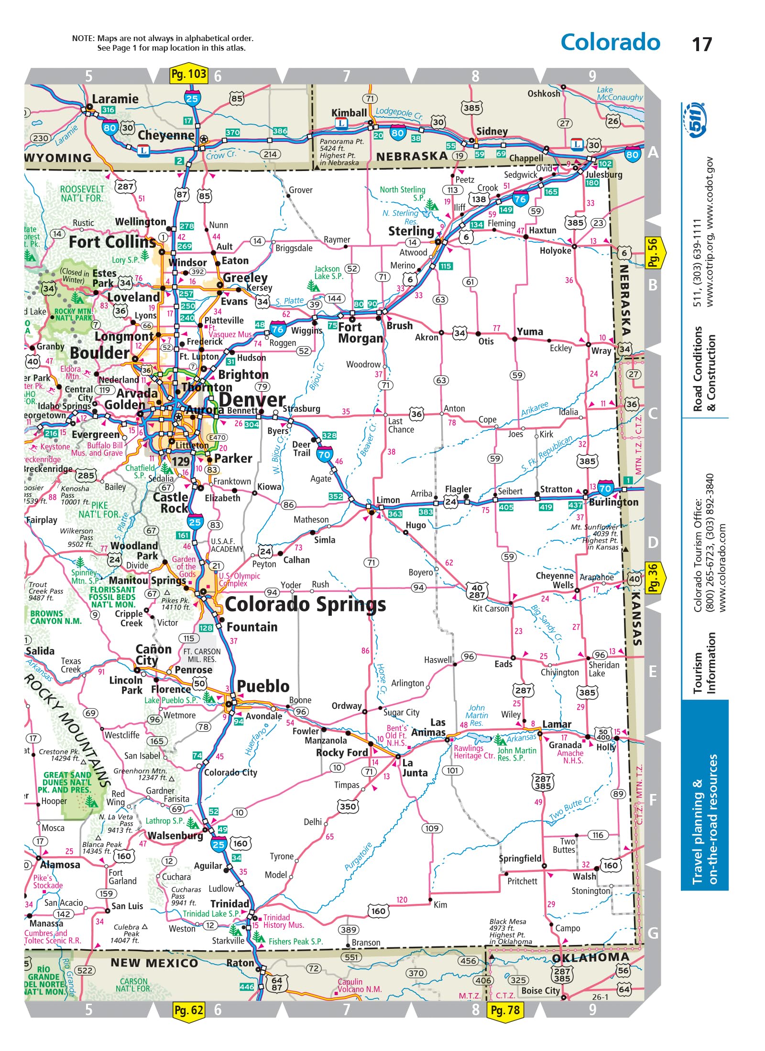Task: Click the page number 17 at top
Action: (701, 44)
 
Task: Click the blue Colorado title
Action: (610, 42)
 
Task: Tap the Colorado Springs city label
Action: (305, 605)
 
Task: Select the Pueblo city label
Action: (263, 686)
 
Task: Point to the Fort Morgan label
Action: (360, 332)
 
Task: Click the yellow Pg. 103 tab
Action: (189, 74)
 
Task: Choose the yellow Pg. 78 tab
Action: (505, 1010)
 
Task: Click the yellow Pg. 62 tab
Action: (189, 1010)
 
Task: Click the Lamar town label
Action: (557, 724)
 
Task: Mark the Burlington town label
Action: (613, 502)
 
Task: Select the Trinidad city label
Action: (229, 903)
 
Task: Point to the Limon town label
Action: (388, 500)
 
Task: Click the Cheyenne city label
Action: (166, 135)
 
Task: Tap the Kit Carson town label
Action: (491, 609)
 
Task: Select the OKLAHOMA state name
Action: (590, 957)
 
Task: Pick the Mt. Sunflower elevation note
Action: (595, 537)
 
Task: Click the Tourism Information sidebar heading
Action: (705, 663)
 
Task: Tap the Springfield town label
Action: (520, 858)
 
